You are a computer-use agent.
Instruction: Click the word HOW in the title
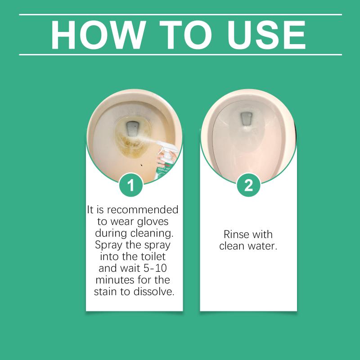(99, 35)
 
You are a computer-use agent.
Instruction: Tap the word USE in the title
(266, 35)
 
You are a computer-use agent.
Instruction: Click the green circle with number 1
(131, 185)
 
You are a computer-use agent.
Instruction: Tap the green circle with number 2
(248, 185)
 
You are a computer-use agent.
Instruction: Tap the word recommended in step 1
(143, 210)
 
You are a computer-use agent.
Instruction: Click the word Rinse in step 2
(234, 234)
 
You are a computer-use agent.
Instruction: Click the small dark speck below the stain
(141, 164)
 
